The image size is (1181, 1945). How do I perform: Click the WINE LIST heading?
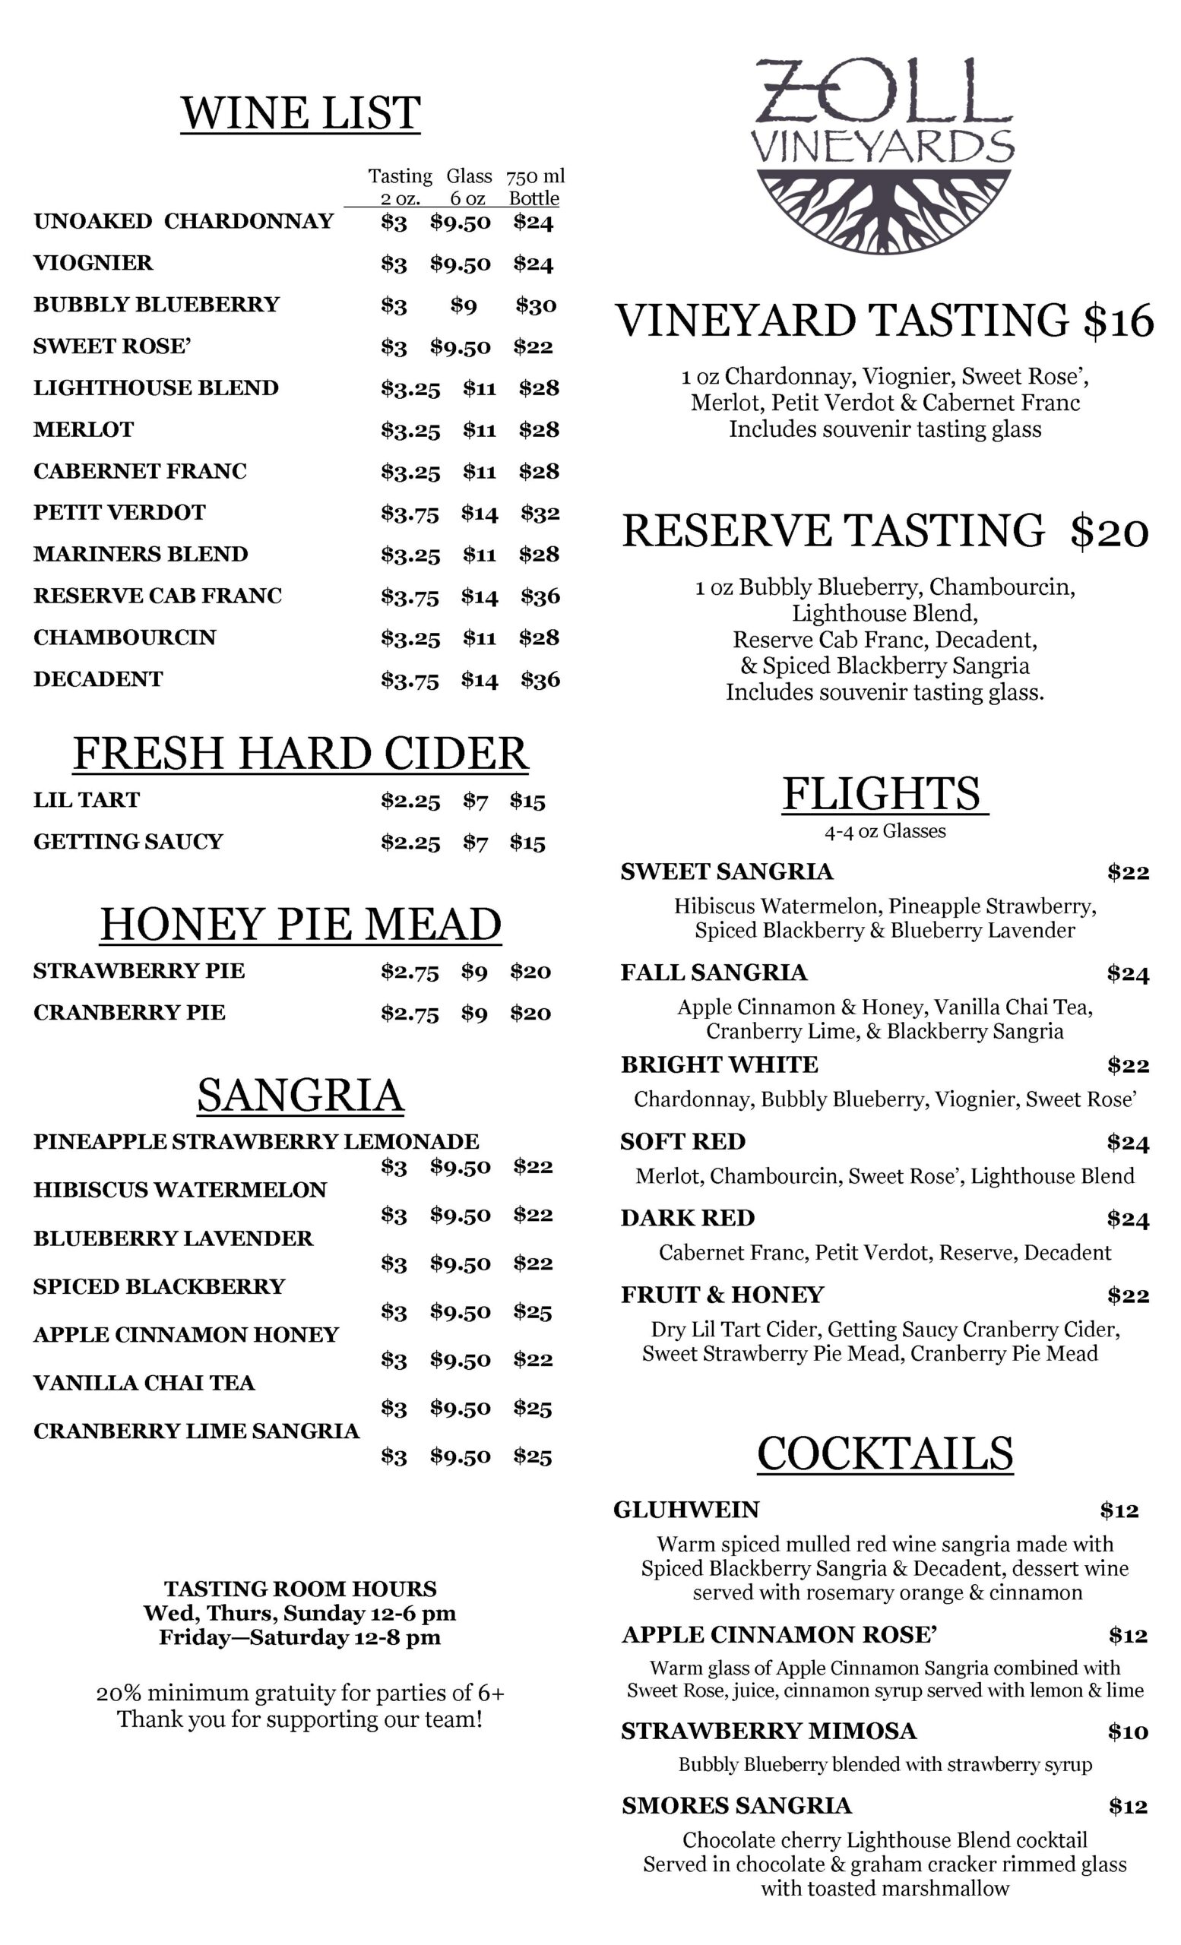pos(300,113)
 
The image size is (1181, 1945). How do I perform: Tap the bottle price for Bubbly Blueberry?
pos(535,305)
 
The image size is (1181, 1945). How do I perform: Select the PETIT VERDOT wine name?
pos(119,512)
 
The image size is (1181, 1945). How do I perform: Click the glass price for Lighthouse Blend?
pos(480,388)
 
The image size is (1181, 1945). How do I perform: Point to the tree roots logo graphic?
pos(883,210)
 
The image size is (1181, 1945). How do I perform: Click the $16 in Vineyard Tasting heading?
pos(1118,321)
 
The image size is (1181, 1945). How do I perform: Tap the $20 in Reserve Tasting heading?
pos(1108,530)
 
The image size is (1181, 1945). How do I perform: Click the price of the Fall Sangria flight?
pos(1126,973)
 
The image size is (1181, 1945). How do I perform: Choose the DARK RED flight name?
pos(687,1218)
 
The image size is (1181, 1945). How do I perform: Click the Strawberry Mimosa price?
pos(1126,1732)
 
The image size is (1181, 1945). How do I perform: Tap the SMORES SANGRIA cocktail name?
pos(736,1805)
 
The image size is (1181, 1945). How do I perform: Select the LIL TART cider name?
pos(86,799)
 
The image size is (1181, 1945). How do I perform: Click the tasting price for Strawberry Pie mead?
pos(409,972)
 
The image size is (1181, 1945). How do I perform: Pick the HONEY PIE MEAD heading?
pos(300,924)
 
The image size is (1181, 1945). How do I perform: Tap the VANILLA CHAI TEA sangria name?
pos(144,1383)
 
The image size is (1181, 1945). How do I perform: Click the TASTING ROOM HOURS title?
pos(300,1588)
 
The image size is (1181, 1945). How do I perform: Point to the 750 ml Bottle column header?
pos(534,186)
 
